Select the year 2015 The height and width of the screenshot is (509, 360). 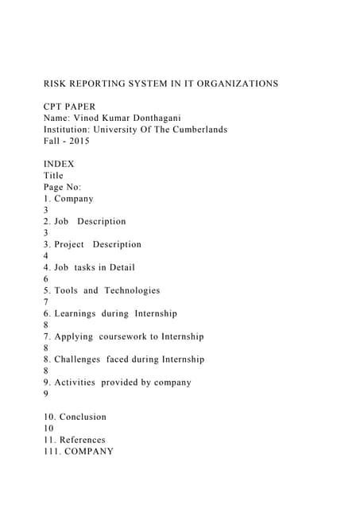(x=78, y=141)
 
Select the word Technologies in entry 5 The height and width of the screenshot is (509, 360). (x=131, y=290)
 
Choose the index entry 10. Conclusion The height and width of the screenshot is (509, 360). (x=75, y=417)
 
